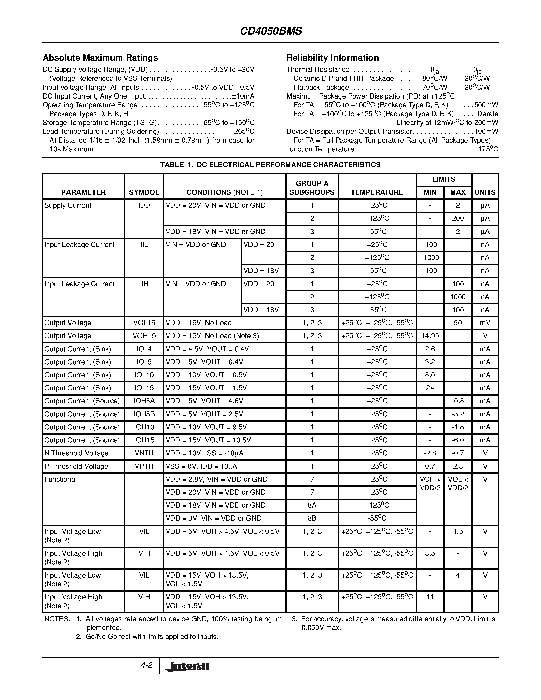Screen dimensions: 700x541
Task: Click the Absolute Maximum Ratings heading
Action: pos(100,58)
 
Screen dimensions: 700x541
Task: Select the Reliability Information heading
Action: pos(332,58)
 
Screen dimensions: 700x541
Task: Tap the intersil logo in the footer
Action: pos(187,666)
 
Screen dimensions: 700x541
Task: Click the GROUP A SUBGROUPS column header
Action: pos(312,188)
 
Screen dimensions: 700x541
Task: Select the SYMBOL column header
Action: pos(144,192)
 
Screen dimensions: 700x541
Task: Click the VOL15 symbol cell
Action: pos(144,323)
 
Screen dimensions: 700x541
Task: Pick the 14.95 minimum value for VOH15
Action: pos(430,336)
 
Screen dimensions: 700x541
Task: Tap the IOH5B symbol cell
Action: pos(144,414)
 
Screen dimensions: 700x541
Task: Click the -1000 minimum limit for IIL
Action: pos(430,258)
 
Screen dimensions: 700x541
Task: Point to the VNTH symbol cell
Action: pos(144,453)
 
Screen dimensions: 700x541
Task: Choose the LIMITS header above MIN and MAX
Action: pos(443,179)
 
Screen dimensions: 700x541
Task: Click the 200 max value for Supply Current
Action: pos(458,219)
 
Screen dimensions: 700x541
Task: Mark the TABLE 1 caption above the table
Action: pos(270,165)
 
